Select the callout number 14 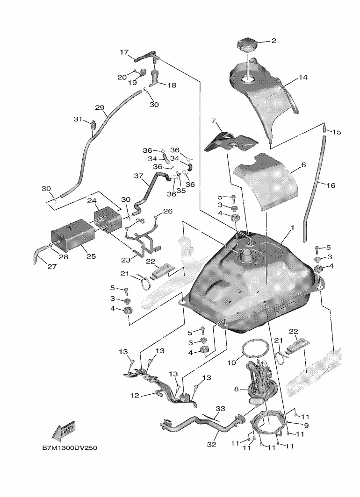tap(303, 78)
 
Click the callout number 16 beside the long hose tap(331, 185)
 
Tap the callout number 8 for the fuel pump tap(236, 388)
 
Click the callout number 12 tap(135, 396)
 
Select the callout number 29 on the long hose tap(100, 108)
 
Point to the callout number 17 tap(124, 53)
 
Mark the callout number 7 tap(213, 121)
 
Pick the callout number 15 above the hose tap(337, 132)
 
